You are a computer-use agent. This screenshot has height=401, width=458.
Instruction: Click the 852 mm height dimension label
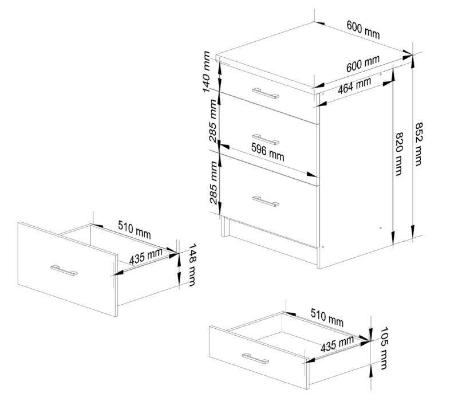click(418, 144)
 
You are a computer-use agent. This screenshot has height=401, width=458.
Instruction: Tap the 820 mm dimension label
click(398, 154)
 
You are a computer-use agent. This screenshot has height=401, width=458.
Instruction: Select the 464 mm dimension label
click(354, 85)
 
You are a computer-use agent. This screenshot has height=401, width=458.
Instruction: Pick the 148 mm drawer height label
click(191, 265)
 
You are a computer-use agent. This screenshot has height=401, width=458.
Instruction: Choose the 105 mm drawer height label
click(384, 348)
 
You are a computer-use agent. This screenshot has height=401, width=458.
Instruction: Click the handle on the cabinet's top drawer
click(266, 93)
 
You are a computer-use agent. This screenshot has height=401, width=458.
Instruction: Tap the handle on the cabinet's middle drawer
click(266, 139)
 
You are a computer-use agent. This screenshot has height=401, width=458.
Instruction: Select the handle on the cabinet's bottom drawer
click(266, 201)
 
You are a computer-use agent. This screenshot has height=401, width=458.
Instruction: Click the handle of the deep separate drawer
click(64, 270)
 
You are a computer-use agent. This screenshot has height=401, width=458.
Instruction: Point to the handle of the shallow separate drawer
click(255, 359)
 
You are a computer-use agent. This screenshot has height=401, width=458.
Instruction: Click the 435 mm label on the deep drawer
click(146, 256)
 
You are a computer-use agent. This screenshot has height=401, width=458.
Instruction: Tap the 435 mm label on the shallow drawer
click(337, 343)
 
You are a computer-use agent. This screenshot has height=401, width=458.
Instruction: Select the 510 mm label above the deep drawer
click(135, 229)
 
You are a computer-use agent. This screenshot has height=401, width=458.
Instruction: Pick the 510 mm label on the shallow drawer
click(327, 317)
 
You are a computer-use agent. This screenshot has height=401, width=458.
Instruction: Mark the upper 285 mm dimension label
click(214, 121)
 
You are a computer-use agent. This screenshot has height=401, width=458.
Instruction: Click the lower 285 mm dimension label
click(214, 183)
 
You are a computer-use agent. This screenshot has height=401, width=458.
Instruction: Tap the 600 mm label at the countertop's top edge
click(364, 30)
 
